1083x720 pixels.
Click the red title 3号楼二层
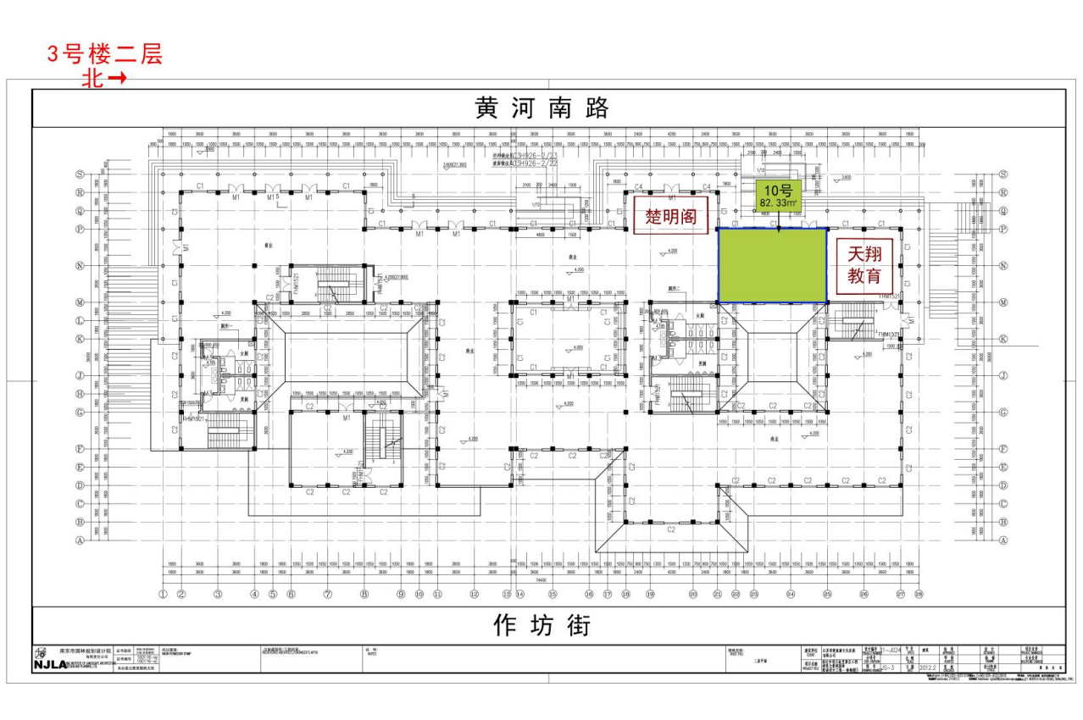(x=104, y=55)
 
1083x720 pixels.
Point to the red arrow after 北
(x=118, y=78)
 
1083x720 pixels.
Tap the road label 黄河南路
(x=542, y=109)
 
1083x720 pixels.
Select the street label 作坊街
(x=542, y=625)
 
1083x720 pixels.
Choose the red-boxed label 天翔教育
(x=864, y=264)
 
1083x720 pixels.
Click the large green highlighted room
(x=772, y=264)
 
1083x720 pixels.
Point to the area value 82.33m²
(x=778, y=203)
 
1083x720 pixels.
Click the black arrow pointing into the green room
(x=778, y=224)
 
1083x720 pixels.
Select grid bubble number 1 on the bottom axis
(x=163, y=595)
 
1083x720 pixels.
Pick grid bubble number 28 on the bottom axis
(x=919, y=595)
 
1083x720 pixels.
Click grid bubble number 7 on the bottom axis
(x=327, y=595)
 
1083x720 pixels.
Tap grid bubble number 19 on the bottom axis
(x=650, y=595)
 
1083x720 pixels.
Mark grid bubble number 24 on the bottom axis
(x=790, y=595)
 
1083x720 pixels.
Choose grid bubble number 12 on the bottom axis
(x=474, y=595)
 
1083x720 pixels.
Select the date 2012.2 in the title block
(x=928, y=667)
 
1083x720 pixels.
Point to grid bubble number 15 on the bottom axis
(x=552, y=595)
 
